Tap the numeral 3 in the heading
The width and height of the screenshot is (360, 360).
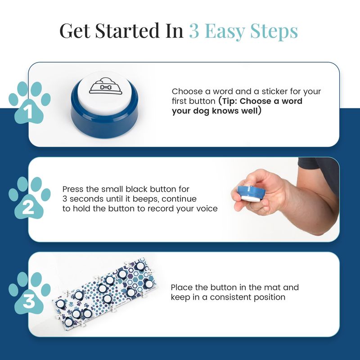click(194, 31)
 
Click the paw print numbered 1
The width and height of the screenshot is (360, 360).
click(29, 103)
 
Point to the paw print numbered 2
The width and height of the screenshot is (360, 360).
click(29, 198)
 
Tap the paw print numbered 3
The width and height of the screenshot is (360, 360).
click(29, 293)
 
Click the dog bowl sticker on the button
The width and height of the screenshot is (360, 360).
click(106, 87)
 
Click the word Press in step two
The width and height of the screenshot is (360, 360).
click(73, 189)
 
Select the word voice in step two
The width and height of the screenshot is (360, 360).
click(206, 209)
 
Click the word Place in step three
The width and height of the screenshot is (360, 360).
click(182, 288)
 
